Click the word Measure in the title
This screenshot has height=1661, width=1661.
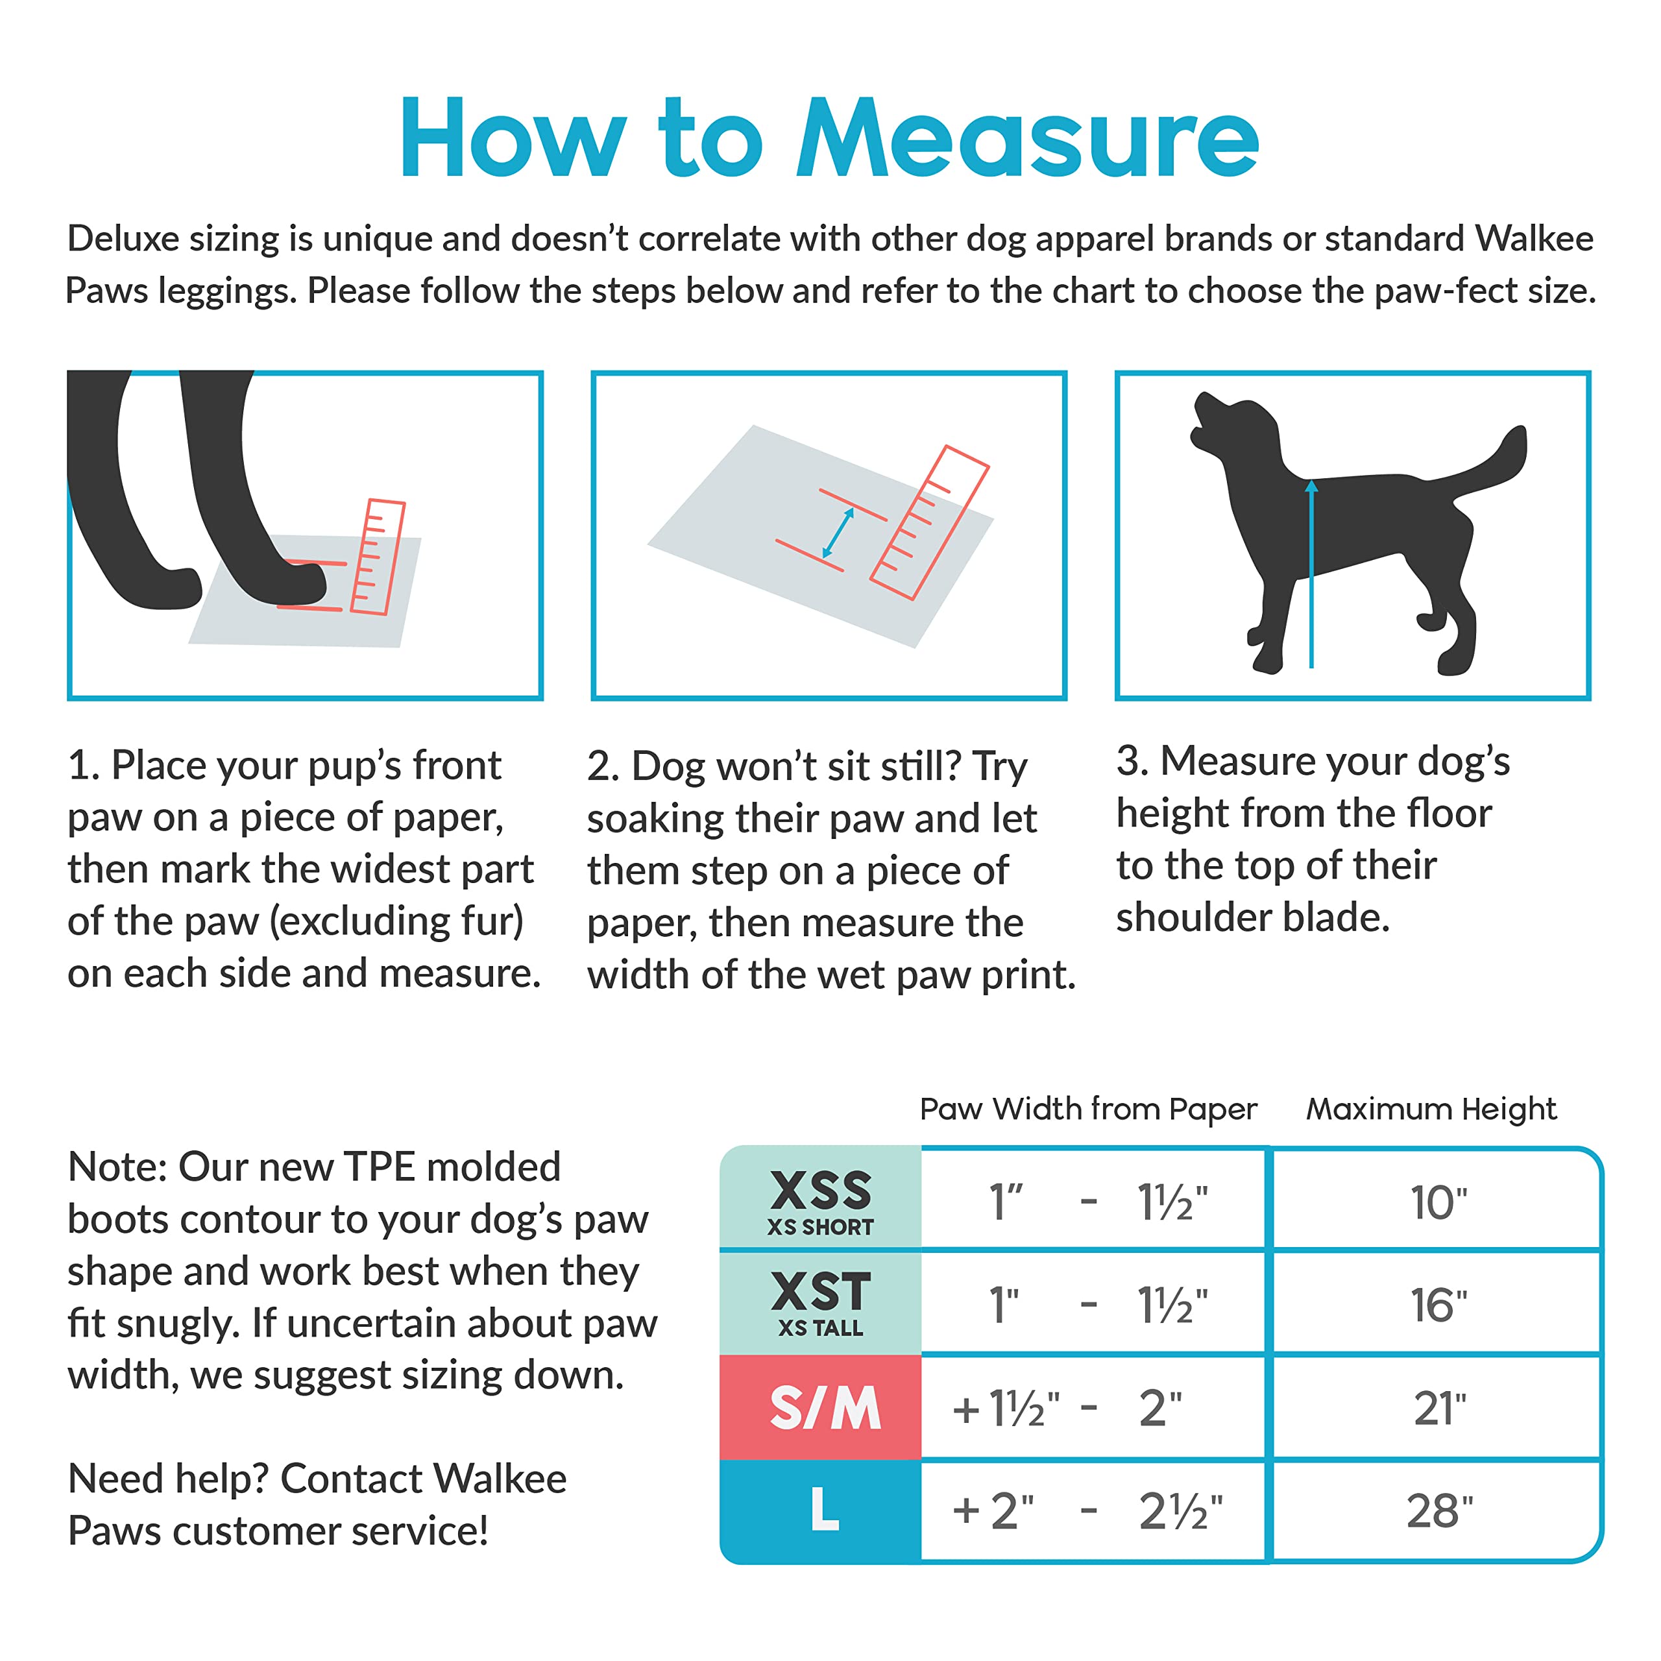coord(1027,139)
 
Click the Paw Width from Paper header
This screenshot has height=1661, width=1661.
coord(1087,1109)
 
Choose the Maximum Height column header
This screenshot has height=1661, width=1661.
coord(1431,1109)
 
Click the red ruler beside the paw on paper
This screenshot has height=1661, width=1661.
coord(378,557)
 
